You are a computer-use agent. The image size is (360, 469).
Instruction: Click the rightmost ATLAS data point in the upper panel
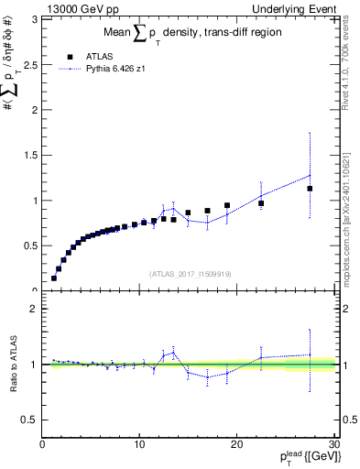(x=310, y=189)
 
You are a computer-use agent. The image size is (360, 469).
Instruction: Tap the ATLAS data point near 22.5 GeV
(x=261, y=203)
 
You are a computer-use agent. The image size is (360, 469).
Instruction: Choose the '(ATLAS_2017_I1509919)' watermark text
(x=190, y=274)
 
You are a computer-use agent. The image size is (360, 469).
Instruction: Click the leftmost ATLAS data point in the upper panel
(x=54, y=278)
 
